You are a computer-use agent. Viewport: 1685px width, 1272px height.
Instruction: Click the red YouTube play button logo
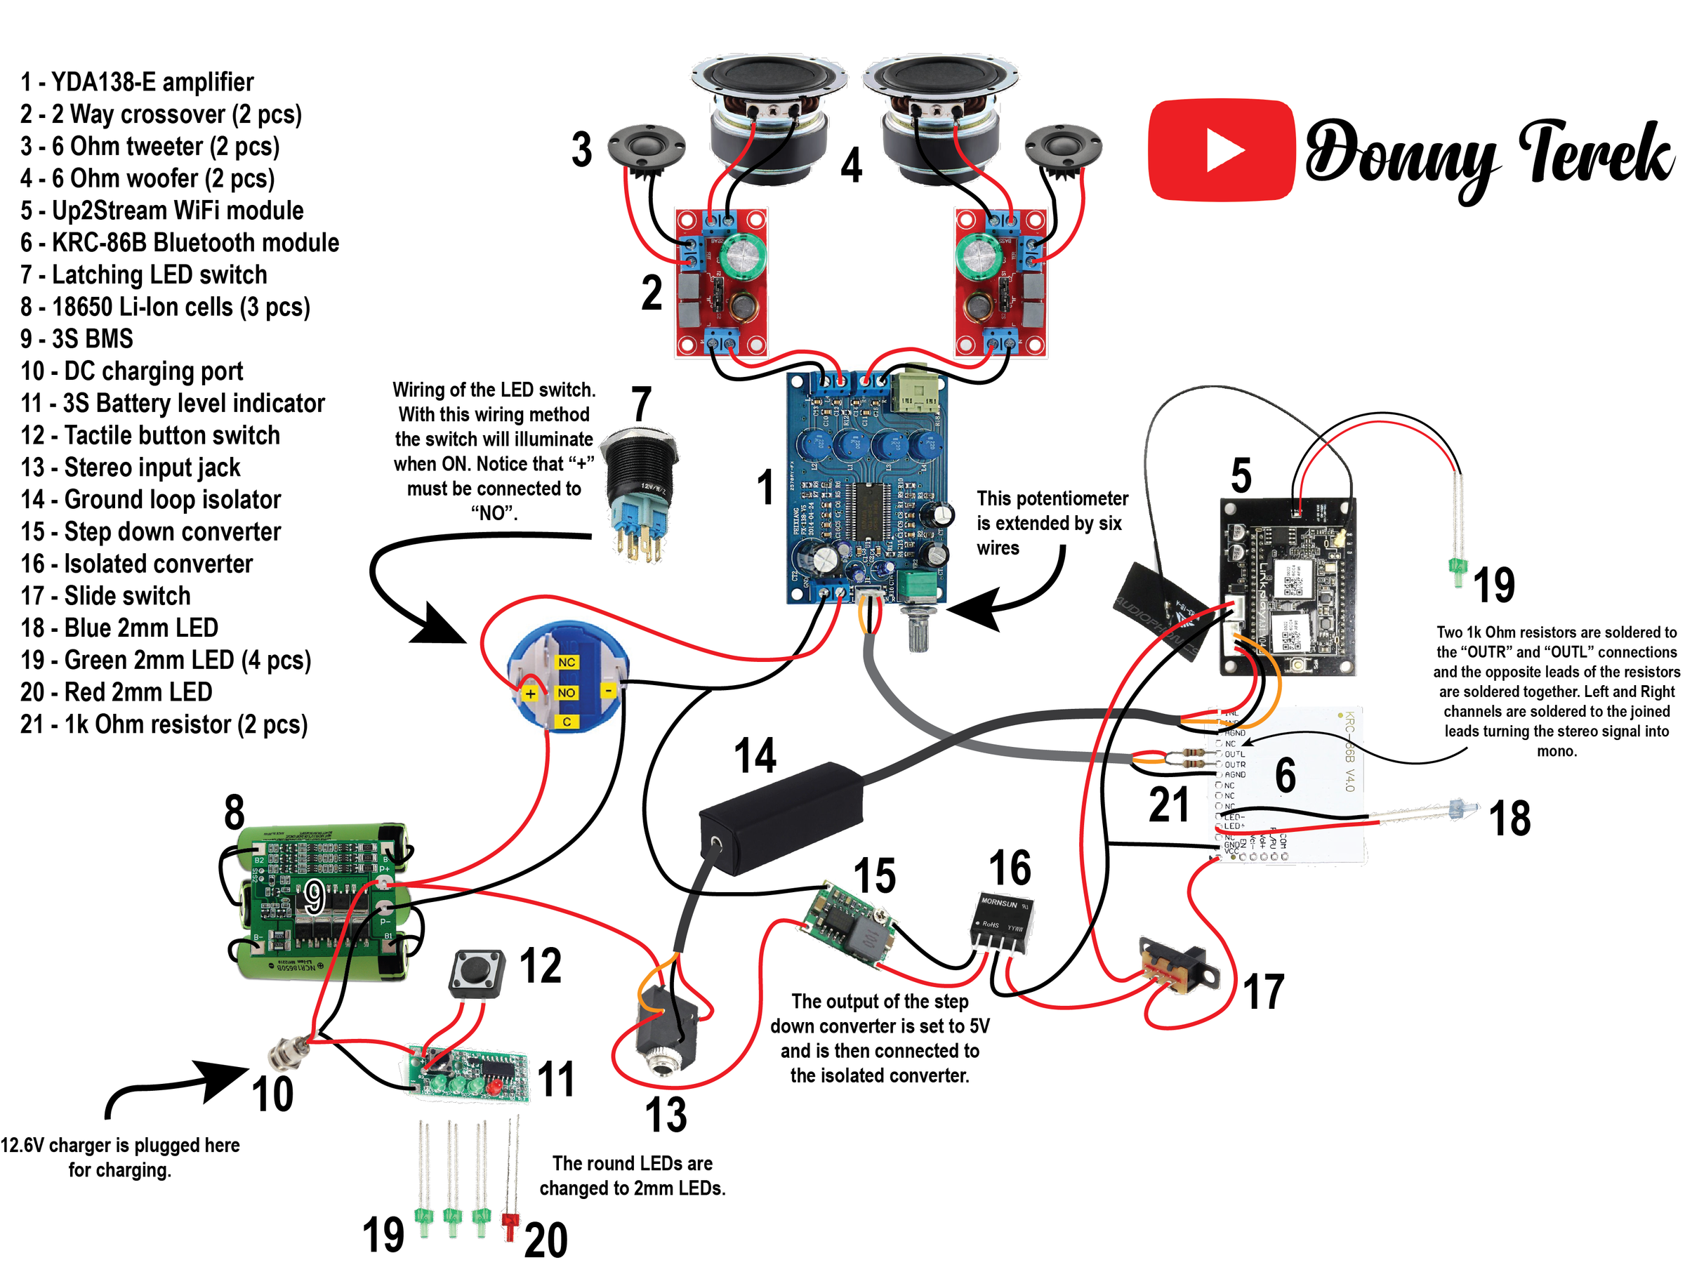click(1222, 151)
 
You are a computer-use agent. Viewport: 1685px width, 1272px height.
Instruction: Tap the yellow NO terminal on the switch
click(567, 692)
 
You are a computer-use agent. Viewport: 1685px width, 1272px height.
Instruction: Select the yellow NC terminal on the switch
click(567, 662)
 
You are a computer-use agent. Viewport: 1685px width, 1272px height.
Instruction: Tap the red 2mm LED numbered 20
click(510, 1222)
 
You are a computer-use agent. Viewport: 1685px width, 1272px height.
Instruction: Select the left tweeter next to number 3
click(646, 146)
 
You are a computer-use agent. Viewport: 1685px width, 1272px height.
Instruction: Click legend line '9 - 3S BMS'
click(77, 339)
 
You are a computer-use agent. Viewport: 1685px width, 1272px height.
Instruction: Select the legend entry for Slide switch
click(106, 595)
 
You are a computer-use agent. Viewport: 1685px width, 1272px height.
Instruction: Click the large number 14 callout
click(755, 755)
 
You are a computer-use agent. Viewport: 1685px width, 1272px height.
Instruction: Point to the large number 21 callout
click(1168, 805)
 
